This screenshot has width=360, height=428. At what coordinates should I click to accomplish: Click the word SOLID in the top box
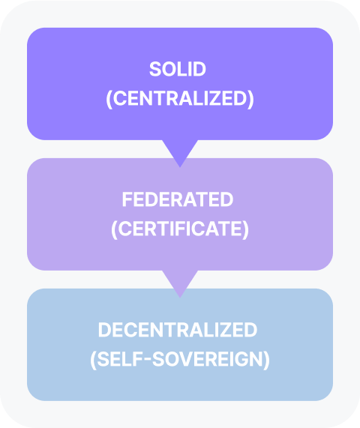(178, 69)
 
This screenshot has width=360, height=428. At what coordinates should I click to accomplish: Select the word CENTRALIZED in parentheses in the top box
(180, 98)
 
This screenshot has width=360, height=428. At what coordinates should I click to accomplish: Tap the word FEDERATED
(178, 199)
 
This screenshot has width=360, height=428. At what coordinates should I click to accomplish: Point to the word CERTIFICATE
(180, 229)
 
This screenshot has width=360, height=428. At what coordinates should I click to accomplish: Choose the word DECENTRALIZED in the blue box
(178, 330)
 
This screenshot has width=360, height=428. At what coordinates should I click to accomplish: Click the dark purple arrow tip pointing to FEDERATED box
(180, 167)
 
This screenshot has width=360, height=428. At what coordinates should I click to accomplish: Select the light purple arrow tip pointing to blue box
(180, 298)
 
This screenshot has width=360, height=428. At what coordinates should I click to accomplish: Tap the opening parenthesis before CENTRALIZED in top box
(109, 99)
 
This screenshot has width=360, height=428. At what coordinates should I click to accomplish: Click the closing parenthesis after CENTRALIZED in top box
(251, 99)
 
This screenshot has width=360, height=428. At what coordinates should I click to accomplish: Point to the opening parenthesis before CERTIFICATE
(114, 229)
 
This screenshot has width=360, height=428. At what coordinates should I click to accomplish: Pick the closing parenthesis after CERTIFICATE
(246, 229)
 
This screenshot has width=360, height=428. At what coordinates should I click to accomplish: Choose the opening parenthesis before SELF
(94, 360)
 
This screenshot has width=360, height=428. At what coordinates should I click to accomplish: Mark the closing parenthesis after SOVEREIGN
(267, 360)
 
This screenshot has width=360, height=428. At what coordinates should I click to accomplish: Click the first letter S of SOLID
(154, 69)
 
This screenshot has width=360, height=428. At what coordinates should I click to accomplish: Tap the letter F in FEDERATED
(127, 199)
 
